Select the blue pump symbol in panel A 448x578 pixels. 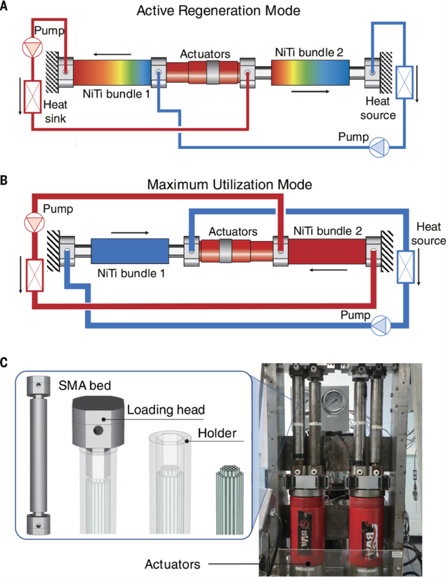click(x=378, y=146)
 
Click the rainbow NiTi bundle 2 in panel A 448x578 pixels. click(x=310, y=72)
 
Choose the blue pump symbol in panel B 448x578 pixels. click(x=380, y=324)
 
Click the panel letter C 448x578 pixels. click(x=6, y=363)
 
